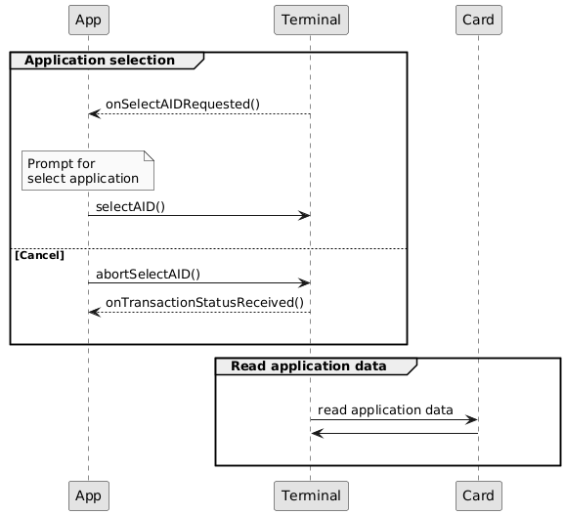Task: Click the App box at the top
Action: pos(89,20)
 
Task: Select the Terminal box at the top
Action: pos(311,20)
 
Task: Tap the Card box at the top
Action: pos(479,20)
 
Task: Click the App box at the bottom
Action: pos(89,495)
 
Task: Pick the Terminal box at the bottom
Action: pos(311,495)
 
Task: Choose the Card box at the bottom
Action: pos(479,495)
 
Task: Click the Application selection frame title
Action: pos(100,61)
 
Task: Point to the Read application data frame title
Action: pos(309,365)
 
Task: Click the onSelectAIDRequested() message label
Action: pos(183,105)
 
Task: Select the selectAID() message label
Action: pos(130,207)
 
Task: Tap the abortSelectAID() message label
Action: pos(148,274)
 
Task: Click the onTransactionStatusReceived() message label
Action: pos(204,303)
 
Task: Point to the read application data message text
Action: pos(385,409)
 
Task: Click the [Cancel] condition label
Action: pos(40,255)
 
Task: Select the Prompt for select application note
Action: pos(88,170)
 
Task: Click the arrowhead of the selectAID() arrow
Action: pos(305,216)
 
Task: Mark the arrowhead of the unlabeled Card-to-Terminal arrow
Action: pos(317,433)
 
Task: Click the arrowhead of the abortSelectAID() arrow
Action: pos(305,283)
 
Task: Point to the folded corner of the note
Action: pos(149,156)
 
